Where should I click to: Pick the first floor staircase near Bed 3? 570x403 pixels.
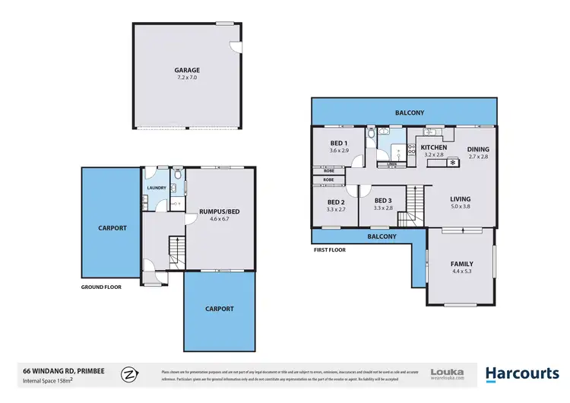click(412, 205)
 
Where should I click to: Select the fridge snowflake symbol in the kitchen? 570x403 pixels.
click(454, 162)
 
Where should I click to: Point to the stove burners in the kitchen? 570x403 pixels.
click(412, 151)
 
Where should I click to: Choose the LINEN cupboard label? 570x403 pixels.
click(391, 163)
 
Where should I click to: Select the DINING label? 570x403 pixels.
click(478, 149)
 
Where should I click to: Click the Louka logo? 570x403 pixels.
click(447, 373)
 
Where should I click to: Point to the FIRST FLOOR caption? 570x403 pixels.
click(329, 249)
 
